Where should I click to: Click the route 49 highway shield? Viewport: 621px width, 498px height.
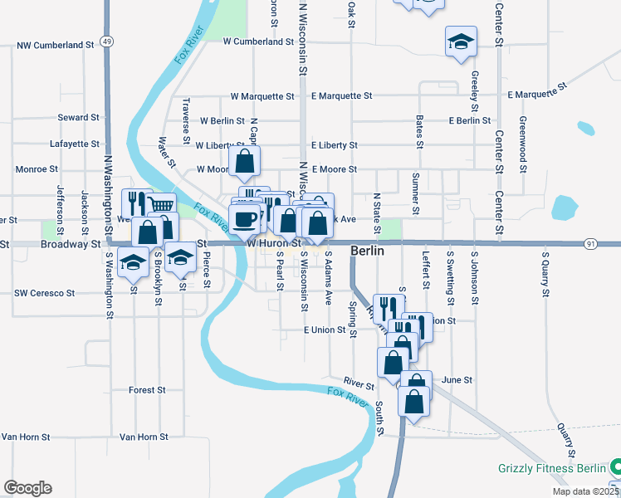pos(107,41)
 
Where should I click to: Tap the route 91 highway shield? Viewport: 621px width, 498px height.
pos(590,243)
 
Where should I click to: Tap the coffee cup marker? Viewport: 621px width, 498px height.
pos(244,219)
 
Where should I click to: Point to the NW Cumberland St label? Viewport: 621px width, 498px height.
pos(56,45)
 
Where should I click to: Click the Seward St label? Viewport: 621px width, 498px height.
pos(79,118)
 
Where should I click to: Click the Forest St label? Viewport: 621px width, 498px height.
pos(148,389)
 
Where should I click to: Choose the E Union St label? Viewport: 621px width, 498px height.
pos(324,330)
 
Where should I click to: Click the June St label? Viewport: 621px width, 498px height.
pos(457,379)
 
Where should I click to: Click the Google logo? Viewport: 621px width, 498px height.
pos(27,488)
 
